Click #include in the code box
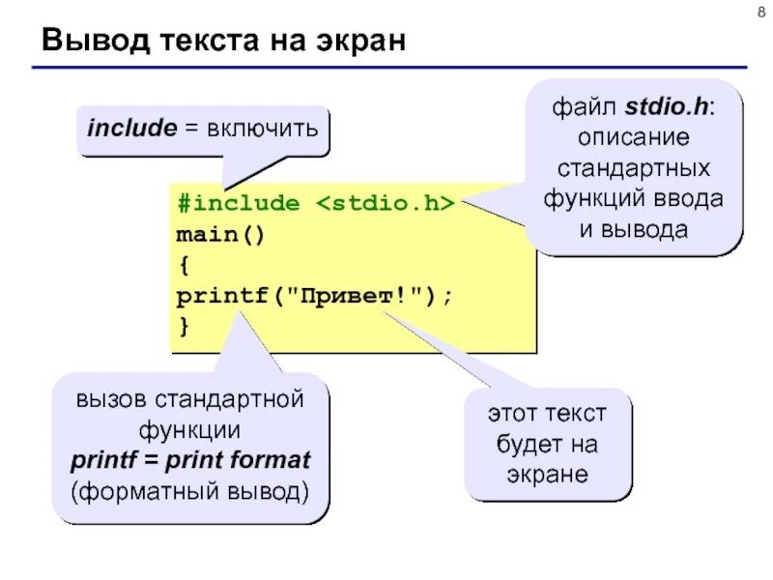pos(238,204)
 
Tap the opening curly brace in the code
pos(183,265)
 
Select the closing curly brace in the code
pos(183,327)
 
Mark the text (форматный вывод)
pos(189,490)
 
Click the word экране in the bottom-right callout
pos(547,475)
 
